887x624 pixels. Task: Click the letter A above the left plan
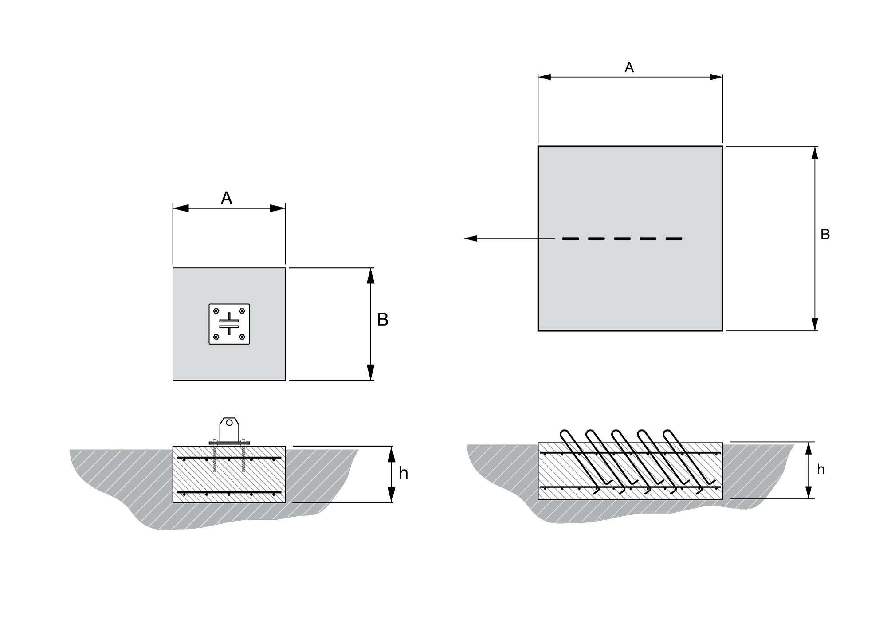point(227,198)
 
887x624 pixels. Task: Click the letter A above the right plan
point(629,67)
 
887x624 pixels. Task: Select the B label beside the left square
point(382,319)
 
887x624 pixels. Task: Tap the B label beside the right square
point(825,234)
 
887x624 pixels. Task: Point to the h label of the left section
point(403,474)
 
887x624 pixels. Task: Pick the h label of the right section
point(820,469)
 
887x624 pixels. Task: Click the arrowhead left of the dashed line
point(471,239)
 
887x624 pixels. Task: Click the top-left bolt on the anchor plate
point(216,311)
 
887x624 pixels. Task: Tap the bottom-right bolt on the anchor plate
point(242,337)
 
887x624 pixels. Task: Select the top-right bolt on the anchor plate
point(242,311)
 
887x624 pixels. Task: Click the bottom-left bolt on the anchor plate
point(216,337)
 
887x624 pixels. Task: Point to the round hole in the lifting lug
point(229,423)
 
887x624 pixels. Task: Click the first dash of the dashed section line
point(571,239)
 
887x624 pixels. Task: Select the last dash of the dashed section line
point(674,239)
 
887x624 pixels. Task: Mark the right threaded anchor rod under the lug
point(243,459)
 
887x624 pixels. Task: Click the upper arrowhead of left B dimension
point(371,275)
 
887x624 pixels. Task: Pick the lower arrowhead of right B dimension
point(815,324)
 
